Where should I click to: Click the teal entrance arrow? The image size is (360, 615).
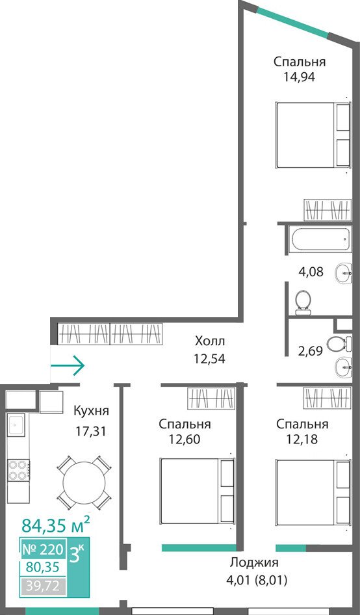tap(68, 365)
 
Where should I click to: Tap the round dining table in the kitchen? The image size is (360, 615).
tap(84, 482)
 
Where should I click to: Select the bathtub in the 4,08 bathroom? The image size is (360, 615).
tap(320, 239)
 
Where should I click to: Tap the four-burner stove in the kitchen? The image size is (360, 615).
tap(18, 470)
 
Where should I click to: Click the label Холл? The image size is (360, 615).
tap(210, 341)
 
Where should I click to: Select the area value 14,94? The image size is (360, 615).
tap(300, 76)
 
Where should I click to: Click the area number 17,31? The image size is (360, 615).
tap(92, 431)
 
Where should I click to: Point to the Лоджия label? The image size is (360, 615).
tap(254, 562)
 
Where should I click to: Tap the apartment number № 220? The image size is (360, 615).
tap(42, 549)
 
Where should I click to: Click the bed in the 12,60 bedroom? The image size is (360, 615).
tap(198, 491)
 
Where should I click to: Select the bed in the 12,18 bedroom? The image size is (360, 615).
tap(313, 492)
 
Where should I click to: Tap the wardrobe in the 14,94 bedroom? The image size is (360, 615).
tap(327, 210)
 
